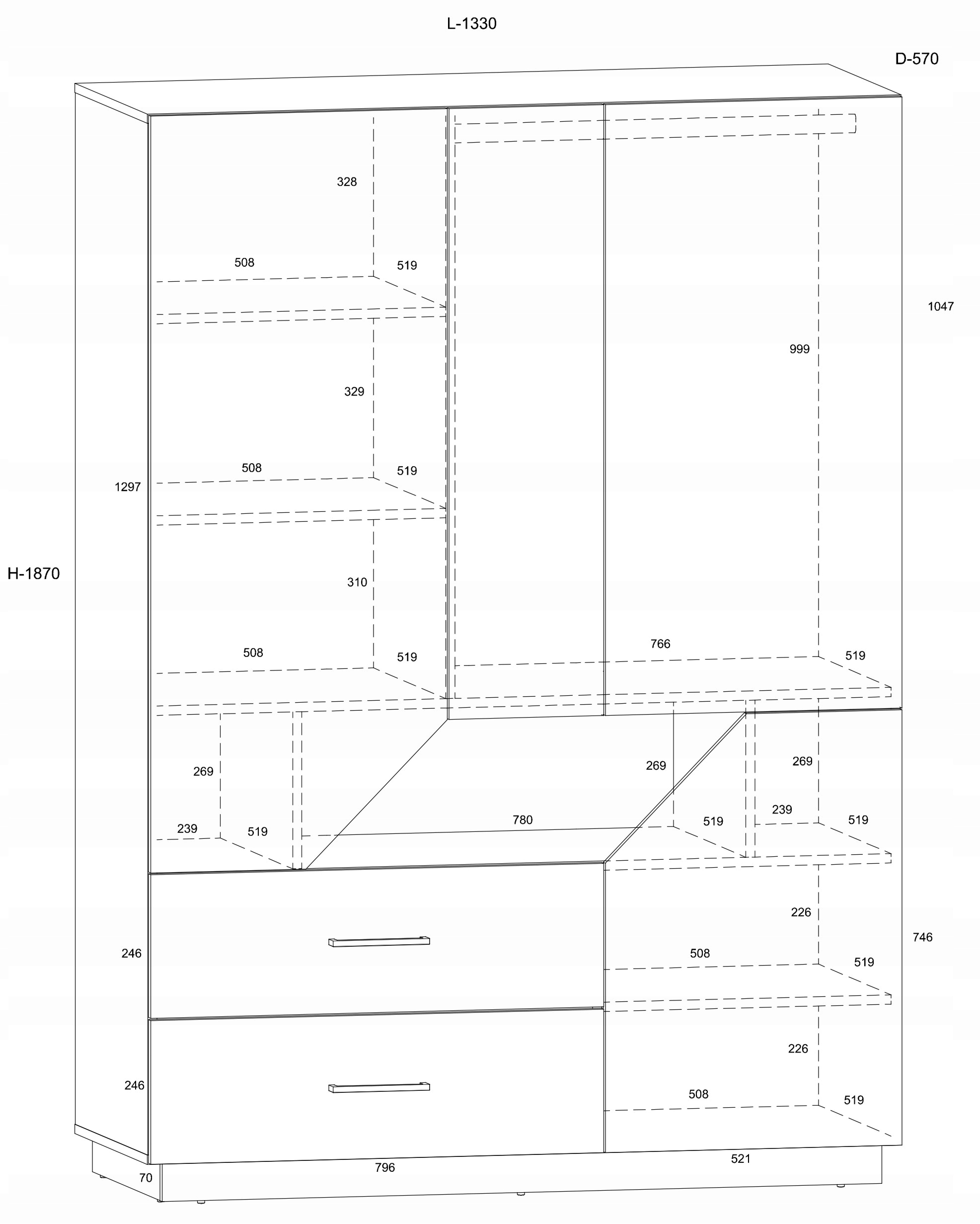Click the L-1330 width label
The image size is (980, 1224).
click(471, 24)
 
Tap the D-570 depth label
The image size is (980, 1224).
click(916, 59)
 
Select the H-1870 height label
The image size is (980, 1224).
click(33, 574)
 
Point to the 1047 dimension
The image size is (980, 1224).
click(940, 307)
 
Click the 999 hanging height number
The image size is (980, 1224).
click(799, 349)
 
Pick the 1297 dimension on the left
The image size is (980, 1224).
click(127, 487)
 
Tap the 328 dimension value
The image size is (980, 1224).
click(347, 182)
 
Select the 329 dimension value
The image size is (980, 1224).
click(354, 392)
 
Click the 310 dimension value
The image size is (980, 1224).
click(357, 582)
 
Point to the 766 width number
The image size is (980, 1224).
click(660, 644)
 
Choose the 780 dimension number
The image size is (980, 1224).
click(523, 820)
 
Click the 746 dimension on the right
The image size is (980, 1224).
click(922, 937)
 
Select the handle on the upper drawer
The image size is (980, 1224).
click(379, 942)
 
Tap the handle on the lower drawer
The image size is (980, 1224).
click(379, 1087)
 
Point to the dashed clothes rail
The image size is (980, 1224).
click(653, 128)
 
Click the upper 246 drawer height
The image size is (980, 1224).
click(131, 954)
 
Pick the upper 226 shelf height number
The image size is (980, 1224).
click(801, 912)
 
